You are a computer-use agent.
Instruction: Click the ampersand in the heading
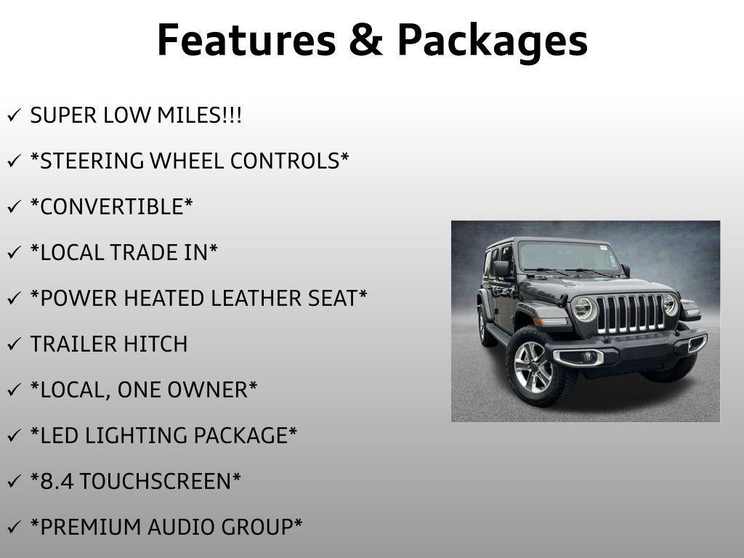click(366, 41)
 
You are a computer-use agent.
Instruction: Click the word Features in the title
click(247, 41)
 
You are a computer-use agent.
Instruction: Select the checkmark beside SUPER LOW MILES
click(15, 115)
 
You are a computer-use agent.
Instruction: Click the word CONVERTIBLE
click(112, 207)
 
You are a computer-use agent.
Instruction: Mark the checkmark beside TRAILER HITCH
click(15, 344)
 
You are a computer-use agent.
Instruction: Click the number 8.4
click(57, 482)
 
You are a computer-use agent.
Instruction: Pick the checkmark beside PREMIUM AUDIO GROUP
click(15, 527)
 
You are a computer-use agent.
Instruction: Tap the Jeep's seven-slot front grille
click(630, 313)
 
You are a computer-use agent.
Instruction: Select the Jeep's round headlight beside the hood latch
click(583, 309)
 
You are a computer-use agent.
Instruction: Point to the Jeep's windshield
click(568, 256)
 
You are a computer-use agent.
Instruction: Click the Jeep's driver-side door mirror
click(501, 269)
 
